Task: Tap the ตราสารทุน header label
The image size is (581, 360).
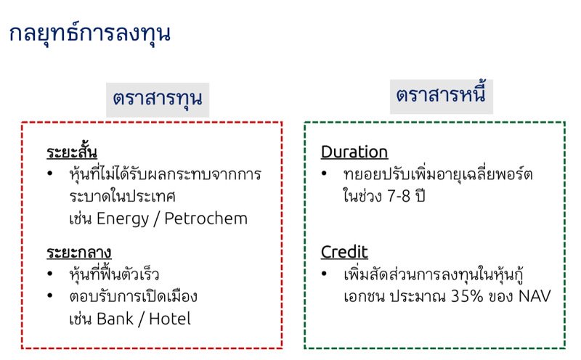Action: [157, 98]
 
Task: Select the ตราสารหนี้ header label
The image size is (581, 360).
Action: [440, 95]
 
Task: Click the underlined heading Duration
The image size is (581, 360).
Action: [354, 152]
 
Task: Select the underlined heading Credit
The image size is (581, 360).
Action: [344, 252]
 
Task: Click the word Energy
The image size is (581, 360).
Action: [120, 218]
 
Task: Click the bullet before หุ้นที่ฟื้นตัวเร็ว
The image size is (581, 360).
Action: [49, 275]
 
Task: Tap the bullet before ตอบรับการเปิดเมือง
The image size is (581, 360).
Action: [49, 297]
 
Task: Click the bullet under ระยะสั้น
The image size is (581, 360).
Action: [49, 175]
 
